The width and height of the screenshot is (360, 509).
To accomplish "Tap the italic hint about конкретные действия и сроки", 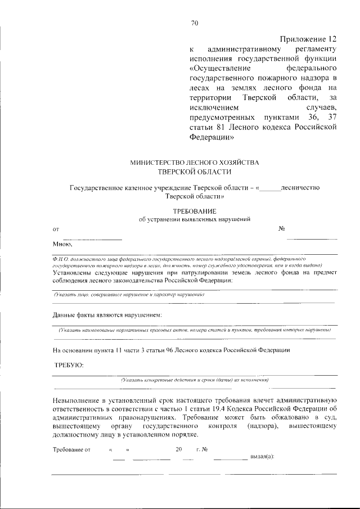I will click(195, 380).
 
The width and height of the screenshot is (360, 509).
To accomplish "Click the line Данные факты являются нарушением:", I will click(107, 314).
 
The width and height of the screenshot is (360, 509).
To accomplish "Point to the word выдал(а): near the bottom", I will click(262, 456).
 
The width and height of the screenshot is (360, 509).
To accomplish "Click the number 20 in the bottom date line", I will click(179, 449).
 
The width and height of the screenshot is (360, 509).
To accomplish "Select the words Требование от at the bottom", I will click(71, 449).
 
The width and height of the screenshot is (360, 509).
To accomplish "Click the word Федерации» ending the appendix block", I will click(208, 137).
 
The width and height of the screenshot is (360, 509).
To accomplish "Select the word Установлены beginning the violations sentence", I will click(74, 272).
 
